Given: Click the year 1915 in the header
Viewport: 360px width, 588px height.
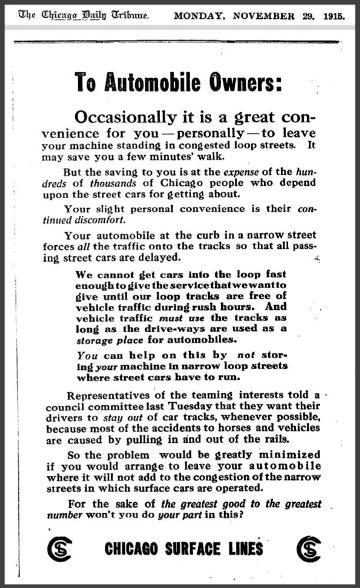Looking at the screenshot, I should pyautogui.click(x=334, y=15).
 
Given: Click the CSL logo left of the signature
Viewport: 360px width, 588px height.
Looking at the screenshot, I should pyautogui.click(x=59, y=549).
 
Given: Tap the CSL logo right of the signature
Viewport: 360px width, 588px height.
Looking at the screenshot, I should pyautogui.click(x=309, y=549).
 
